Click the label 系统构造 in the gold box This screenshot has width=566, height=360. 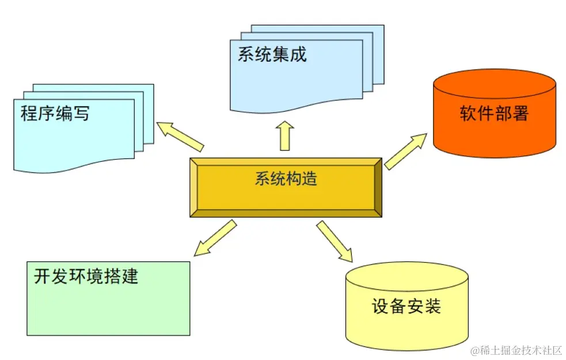(x=286, y=179)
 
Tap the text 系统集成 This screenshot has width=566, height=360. (x=272, y=54)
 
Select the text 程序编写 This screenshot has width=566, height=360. (x=55, y=113)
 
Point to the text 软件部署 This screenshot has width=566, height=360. (x=494, y=113)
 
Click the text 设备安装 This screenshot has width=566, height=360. (x=407, y=306)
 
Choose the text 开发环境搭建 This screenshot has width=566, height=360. (x=86, y=276)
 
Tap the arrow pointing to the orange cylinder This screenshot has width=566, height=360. (x=405, y=151)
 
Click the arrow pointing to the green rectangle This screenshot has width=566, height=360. (x=215, y=237)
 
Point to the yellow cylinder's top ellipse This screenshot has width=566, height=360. (x=407, y=275)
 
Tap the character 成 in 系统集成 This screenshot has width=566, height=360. (x=298, y=54)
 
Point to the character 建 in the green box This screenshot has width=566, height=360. (x=130, y=276)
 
